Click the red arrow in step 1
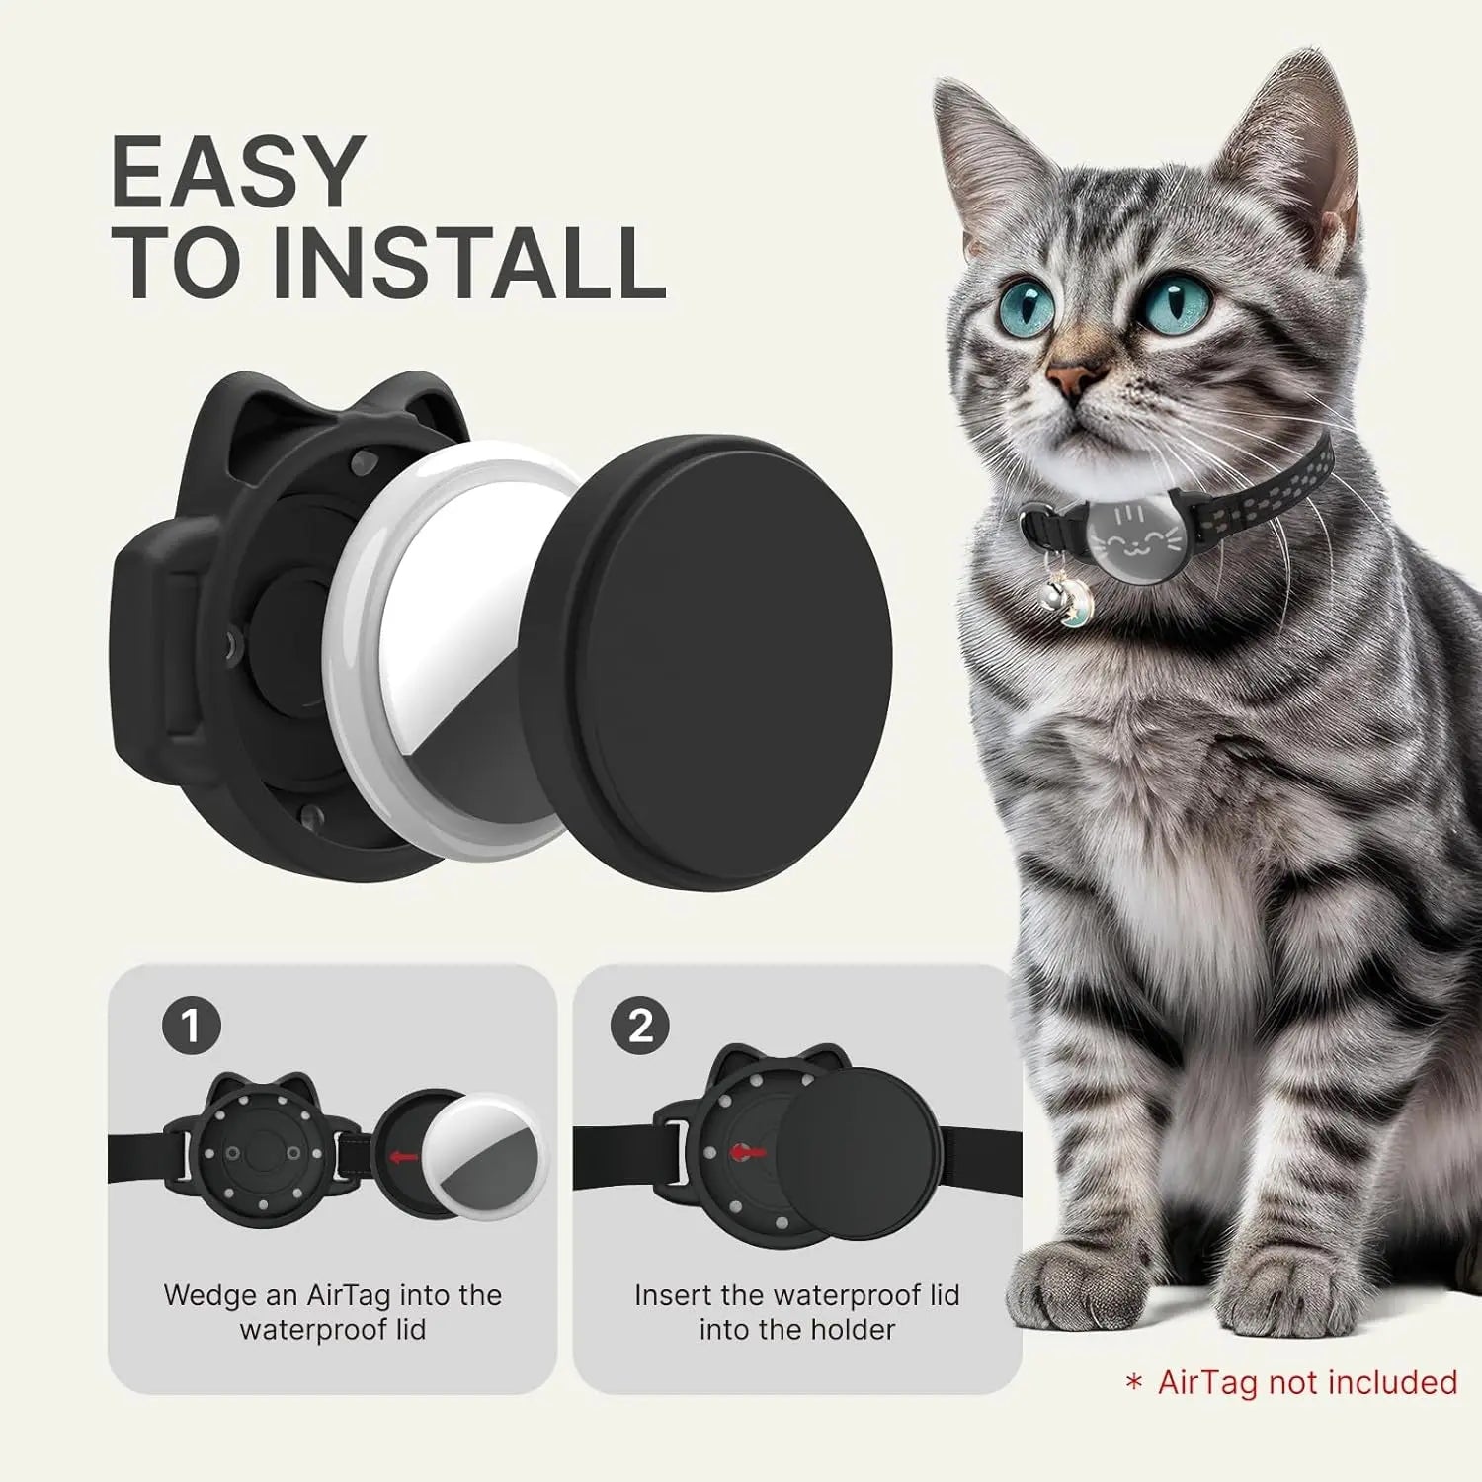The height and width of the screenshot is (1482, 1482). click(x=403, y=1156)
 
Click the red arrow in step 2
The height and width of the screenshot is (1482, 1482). click(x=747, y=1152)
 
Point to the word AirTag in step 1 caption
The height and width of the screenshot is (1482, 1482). click(x=347, y=1295)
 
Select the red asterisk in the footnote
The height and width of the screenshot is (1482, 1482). click(x=1134, y=1383)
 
